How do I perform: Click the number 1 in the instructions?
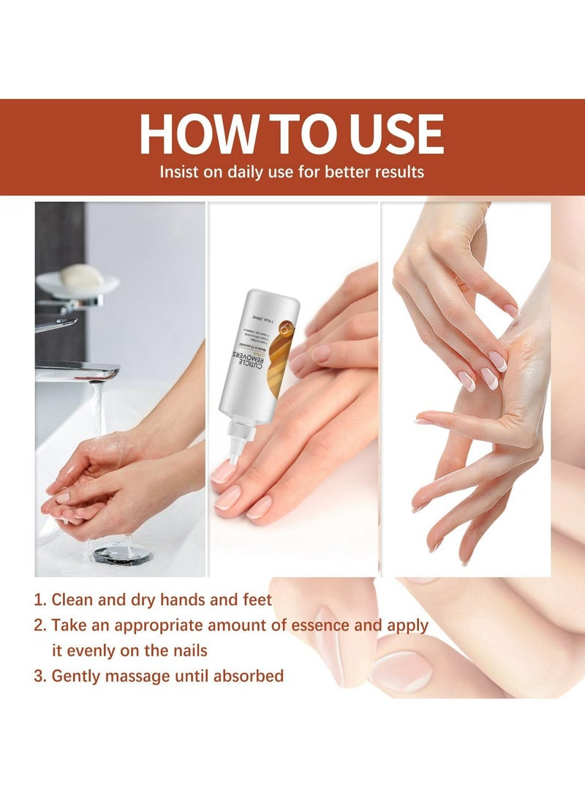[39, 601]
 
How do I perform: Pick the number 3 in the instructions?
[39, 676]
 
